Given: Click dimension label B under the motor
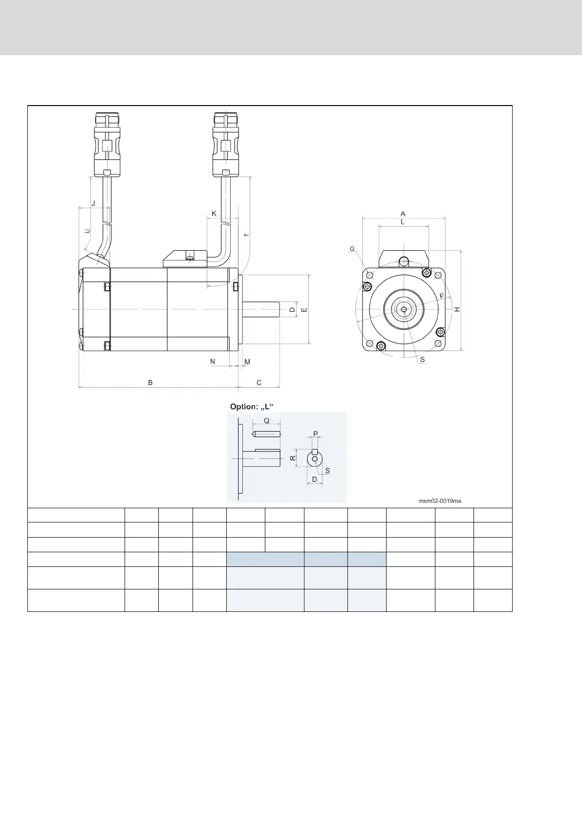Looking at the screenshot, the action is tap(151, 383).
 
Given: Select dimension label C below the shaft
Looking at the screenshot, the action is tap(259, 383).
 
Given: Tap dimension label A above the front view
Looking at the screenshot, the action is tap(403, 214).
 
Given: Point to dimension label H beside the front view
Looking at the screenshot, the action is tap(457, 309).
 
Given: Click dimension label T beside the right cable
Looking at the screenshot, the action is tap(247, 235).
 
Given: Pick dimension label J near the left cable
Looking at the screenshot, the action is tap(93, 203).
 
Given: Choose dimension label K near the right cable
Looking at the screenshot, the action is tap(214, 214).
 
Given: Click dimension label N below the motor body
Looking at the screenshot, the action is tap(213, 362).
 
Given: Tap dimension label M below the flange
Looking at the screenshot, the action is tap(247, 362).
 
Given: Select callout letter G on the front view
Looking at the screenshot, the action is tap(352, 249).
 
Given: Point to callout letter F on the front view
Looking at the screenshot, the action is tap(441, 296).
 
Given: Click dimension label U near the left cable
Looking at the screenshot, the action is tap(87, 231).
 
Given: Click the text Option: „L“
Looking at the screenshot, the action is tap(252, 407).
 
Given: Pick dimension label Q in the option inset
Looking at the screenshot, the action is tap(266, 420).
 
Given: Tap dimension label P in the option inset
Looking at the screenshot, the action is tap(315, 434).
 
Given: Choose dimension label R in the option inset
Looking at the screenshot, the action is tap(293, 458).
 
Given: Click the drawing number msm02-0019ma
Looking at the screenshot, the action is tap(440, 501).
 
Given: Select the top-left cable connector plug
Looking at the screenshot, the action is tap(107, 144).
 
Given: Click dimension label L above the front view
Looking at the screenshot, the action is tap(403, 221).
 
